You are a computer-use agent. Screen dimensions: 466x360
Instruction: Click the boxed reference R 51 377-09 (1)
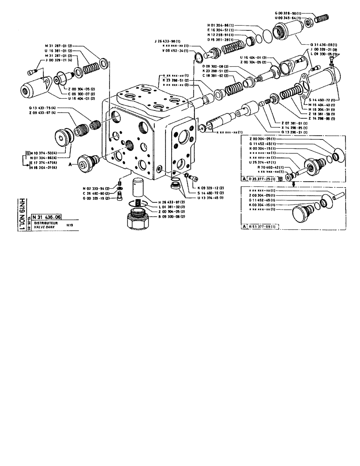click(x=263, y=226)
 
